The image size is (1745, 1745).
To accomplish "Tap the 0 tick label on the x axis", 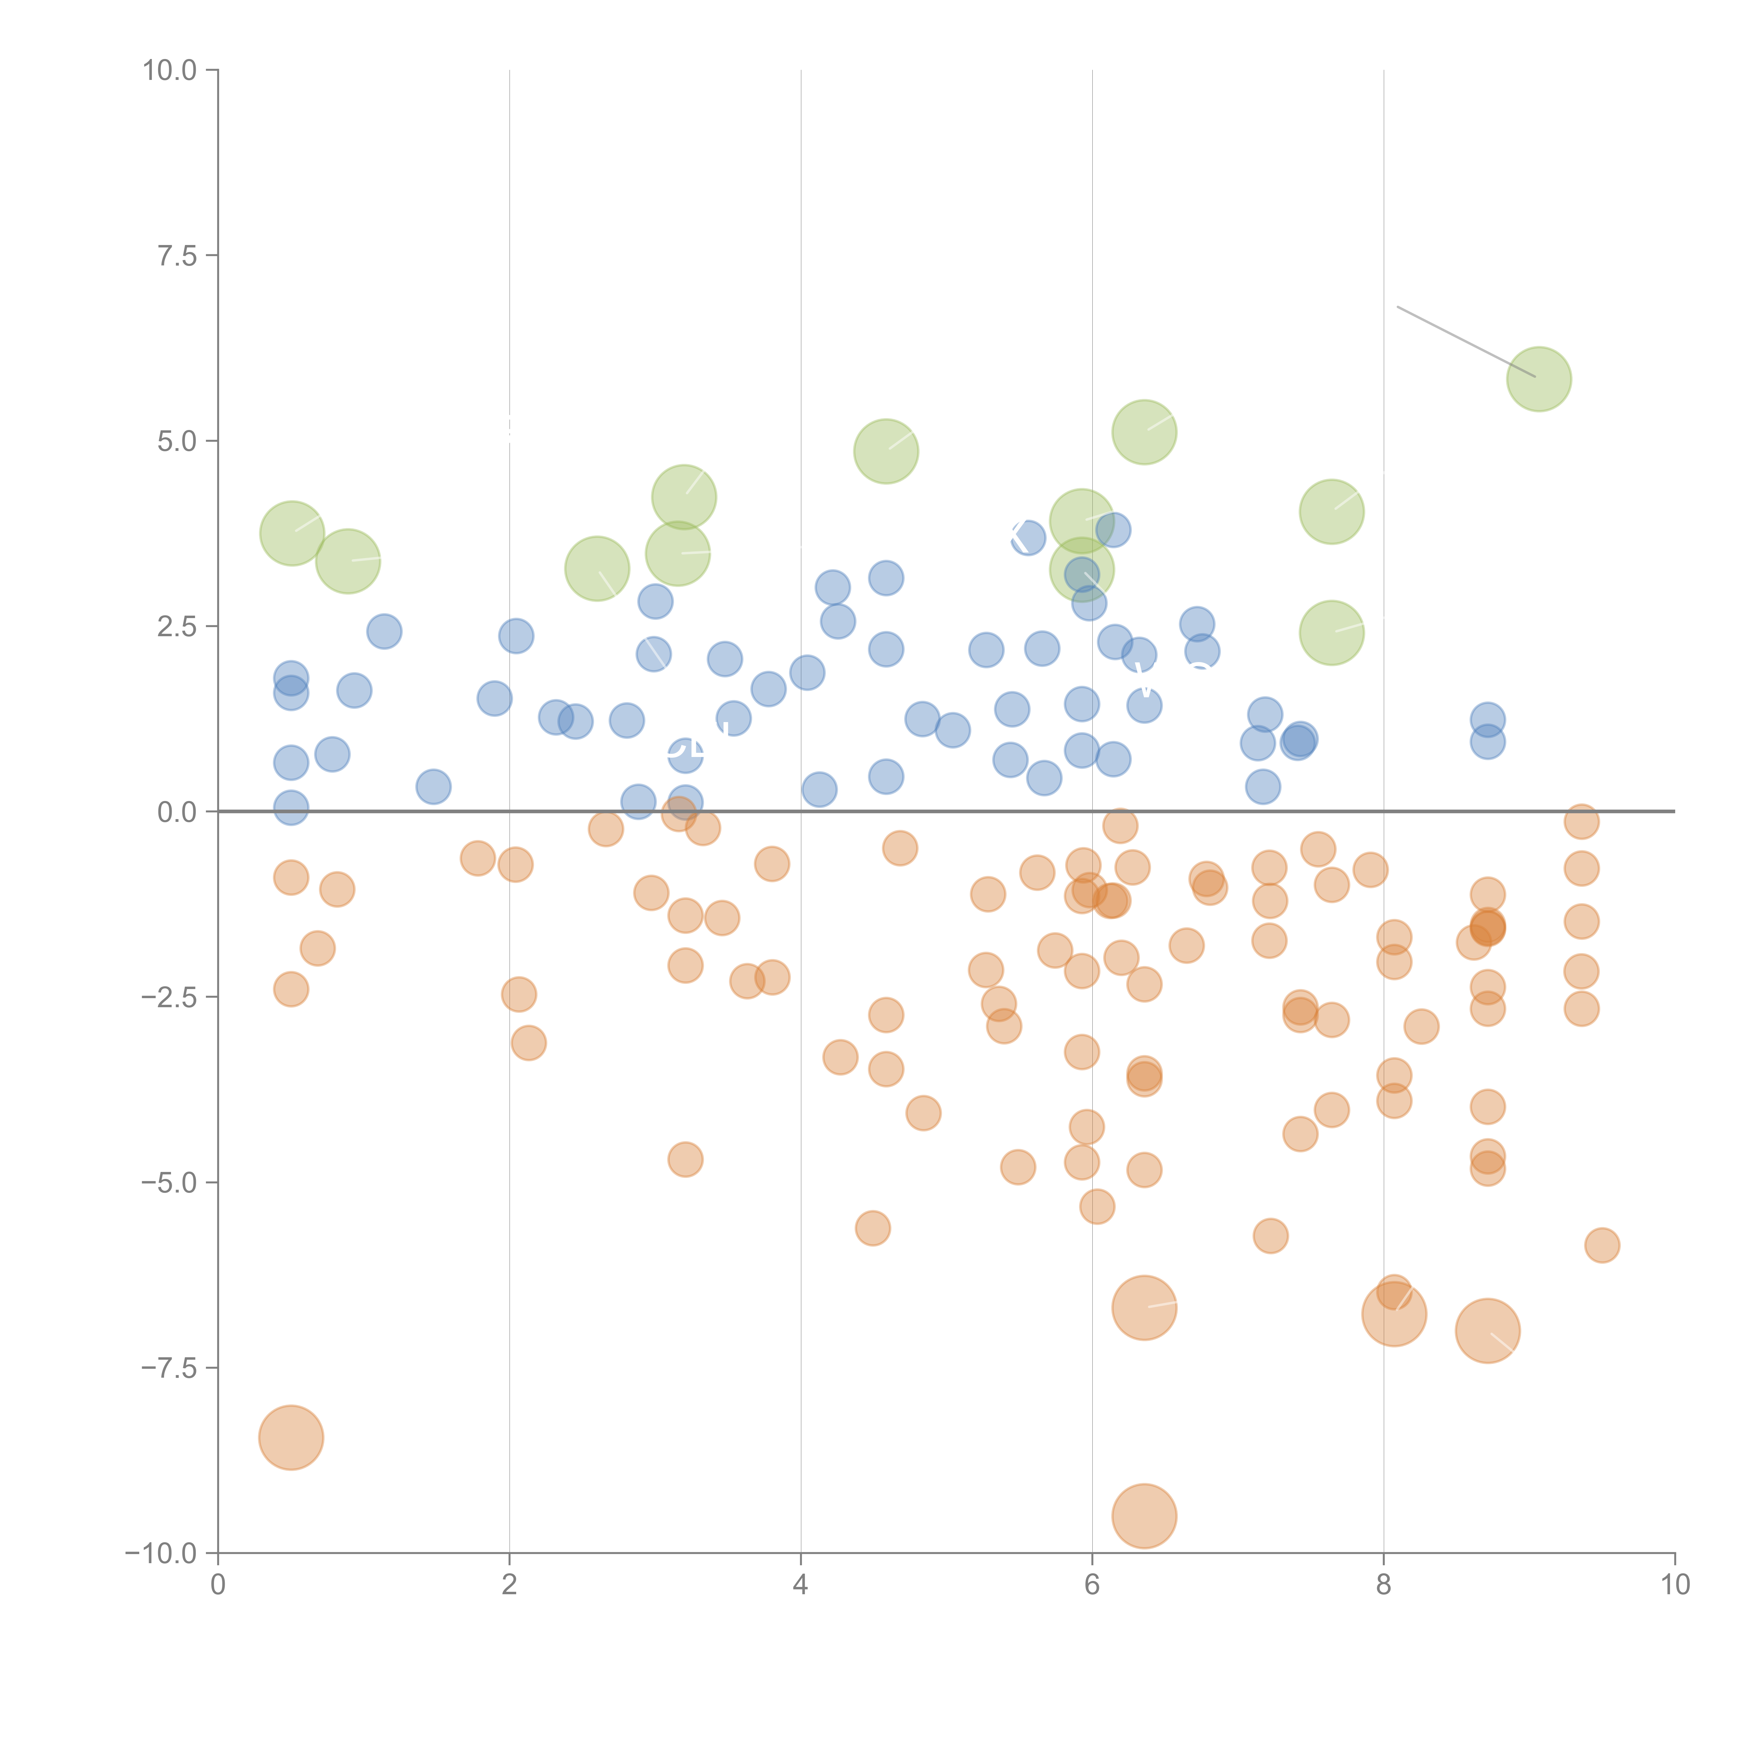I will pos(218,1585).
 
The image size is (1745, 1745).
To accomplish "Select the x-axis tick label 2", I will pos(510,1585).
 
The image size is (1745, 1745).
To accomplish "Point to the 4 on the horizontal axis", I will pos(800,1585).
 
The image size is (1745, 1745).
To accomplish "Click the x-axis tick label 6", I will pos(1092,1585).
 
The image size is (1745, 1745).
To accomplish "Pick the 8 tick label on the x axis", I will pos(1384,1585).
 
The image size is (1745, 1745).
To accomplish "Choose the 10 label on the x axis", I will pos(1675,1585).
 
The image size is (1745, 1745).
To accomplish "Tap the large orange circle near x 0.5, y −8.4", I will pos(291,1437).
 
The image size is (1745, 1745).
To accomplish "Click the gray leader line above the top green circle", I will pos(1465,341).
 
